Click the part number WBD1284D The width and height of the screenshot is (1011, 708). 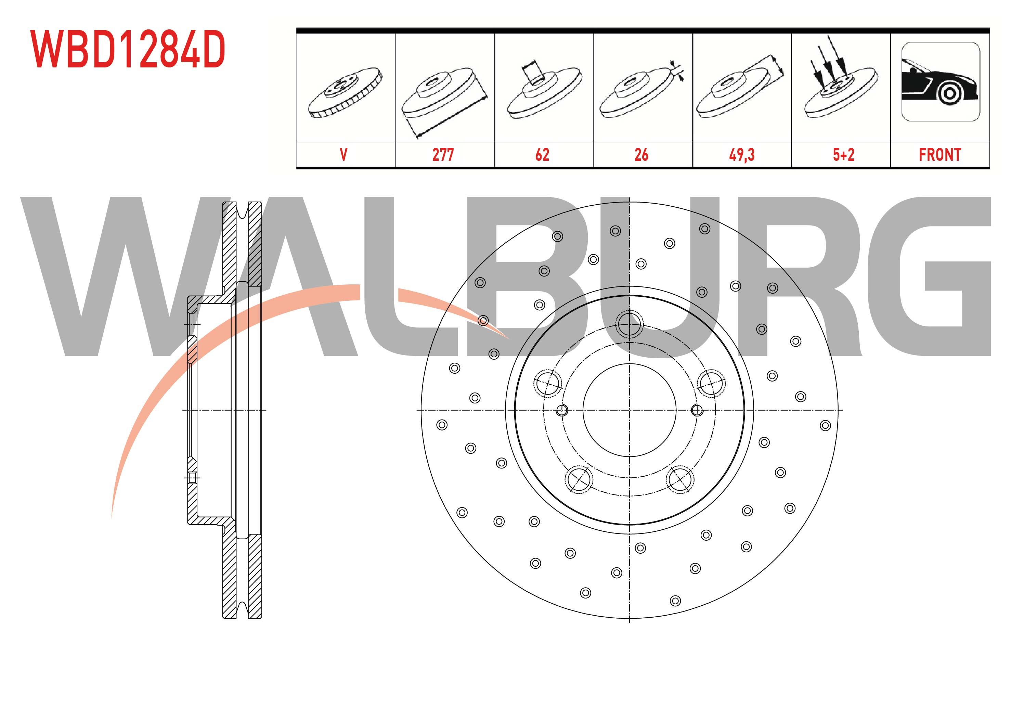click(128, 49)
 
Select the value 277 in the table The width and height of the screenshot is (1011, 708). click(443, 155)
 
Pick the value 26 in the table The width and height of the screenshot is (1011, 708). click(641, 155)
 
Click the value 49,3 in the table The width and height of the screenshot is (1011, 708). click(742, 155)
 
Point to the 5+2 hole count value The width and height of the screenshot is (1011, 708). click(844, 155)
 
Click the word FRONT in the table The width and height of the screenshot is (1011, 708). click(940, 155)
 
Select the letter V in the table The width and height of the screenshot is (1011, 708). click(344, 155)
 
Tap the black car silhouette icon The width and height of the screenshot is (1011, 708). click(941, 81)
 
